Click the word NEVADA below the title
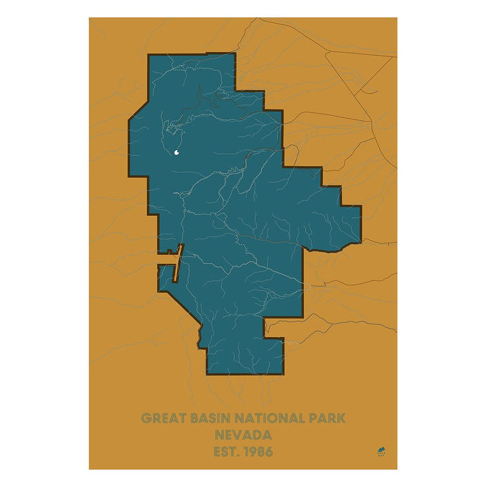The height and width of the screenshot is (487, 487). pos(243,435)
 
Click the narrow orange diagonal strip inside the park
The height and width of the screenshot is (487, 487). pos(177,263)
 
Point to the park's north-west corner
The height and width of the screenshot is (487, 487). pos(149,55)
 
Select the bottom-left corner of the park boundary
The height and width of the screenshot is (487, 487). pos(207,373)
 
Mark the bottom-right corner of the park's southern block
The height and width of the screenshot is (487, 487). pos(283,373)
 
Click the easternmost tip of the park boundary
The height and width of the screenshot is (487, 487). pos(361,224)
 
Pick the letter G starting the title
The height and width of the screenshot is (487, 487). pos(147,419)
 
